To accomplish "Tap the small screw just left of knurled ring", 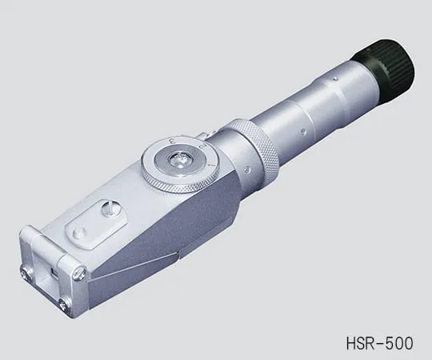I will pyautogui.click(x=249, y=169).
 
